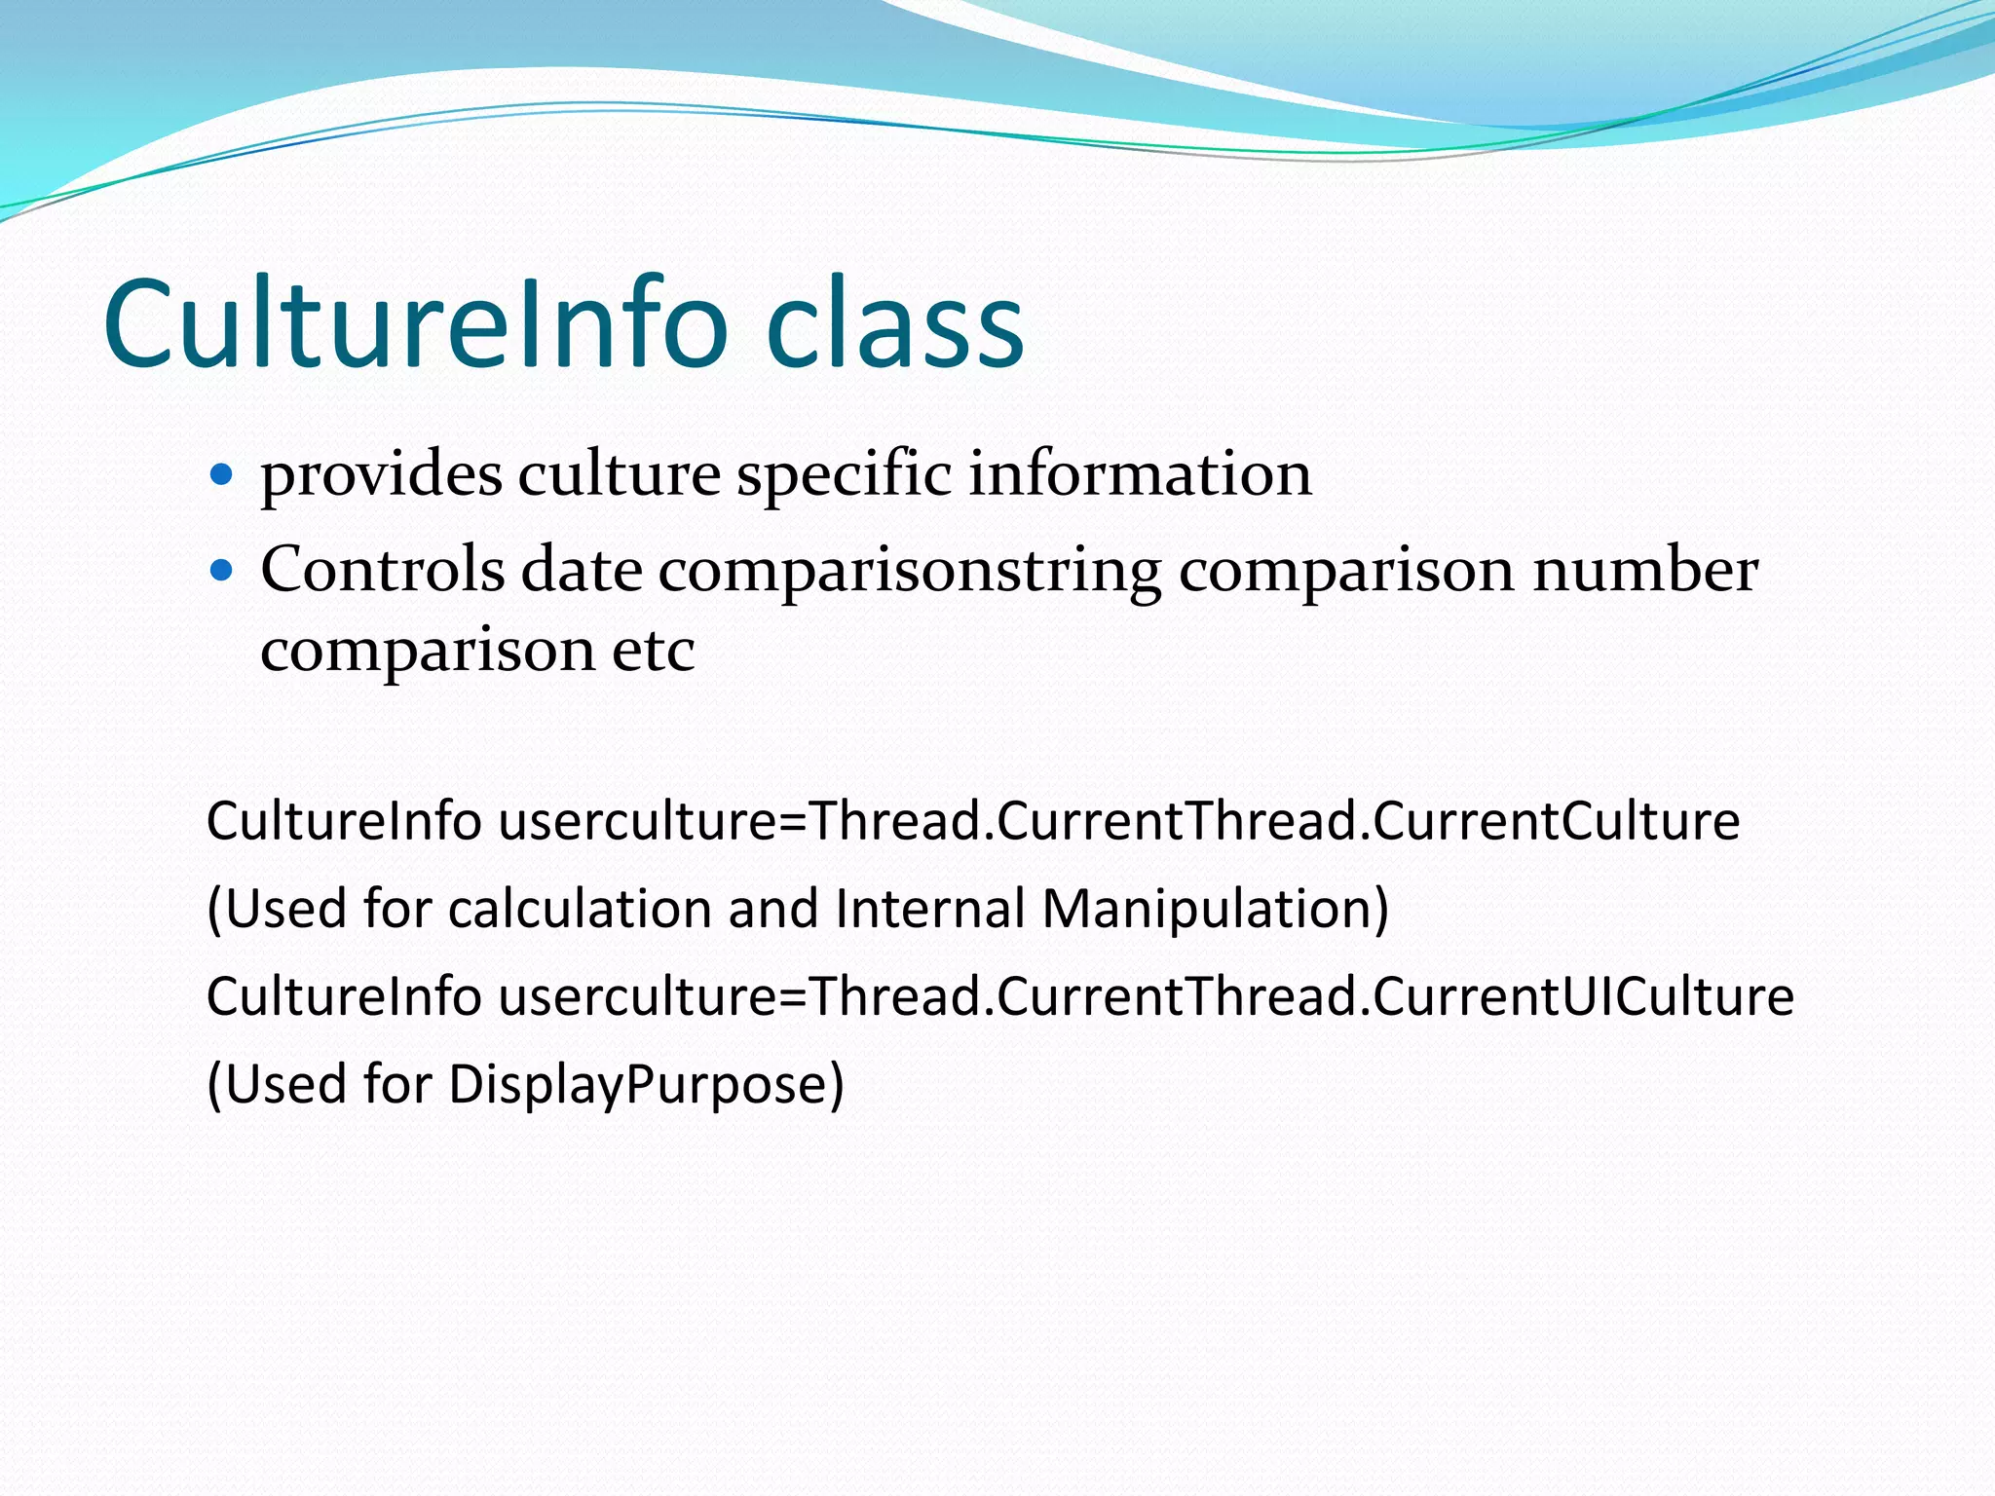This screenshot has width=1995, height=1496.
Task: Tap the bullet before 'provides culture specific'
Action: (222, 475)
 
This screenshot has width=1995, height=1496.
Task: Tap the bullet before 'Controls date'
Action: (222, 570)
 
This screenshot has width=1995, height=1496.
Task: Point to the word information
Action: (1140, 475)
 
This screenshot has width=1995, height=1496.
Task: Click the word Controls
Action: (382, 570)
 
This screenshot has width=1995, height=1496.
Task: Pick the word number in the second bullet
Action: (1646, 570)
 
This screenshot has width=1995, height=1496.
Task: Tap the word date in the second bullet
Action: (582, 570)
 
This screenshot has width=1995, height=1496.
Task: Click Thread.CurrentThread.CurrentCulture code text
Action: (1274, 821)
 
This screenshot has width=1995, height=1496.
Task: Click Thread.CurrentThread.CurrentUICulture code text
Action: (1301, 996)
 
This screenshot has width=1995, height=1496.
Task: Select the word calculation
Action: (580, 909)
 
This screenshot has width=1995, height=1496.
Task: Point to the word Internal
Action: (930, 909)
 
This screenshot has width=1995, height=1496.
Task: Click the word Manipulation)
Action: (1215, 909)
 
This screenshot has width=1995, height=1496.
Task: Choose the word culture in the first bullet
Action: (619, 475)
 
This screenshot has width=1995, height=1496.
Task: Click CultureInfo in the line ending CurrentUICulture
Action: (344, 996)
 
